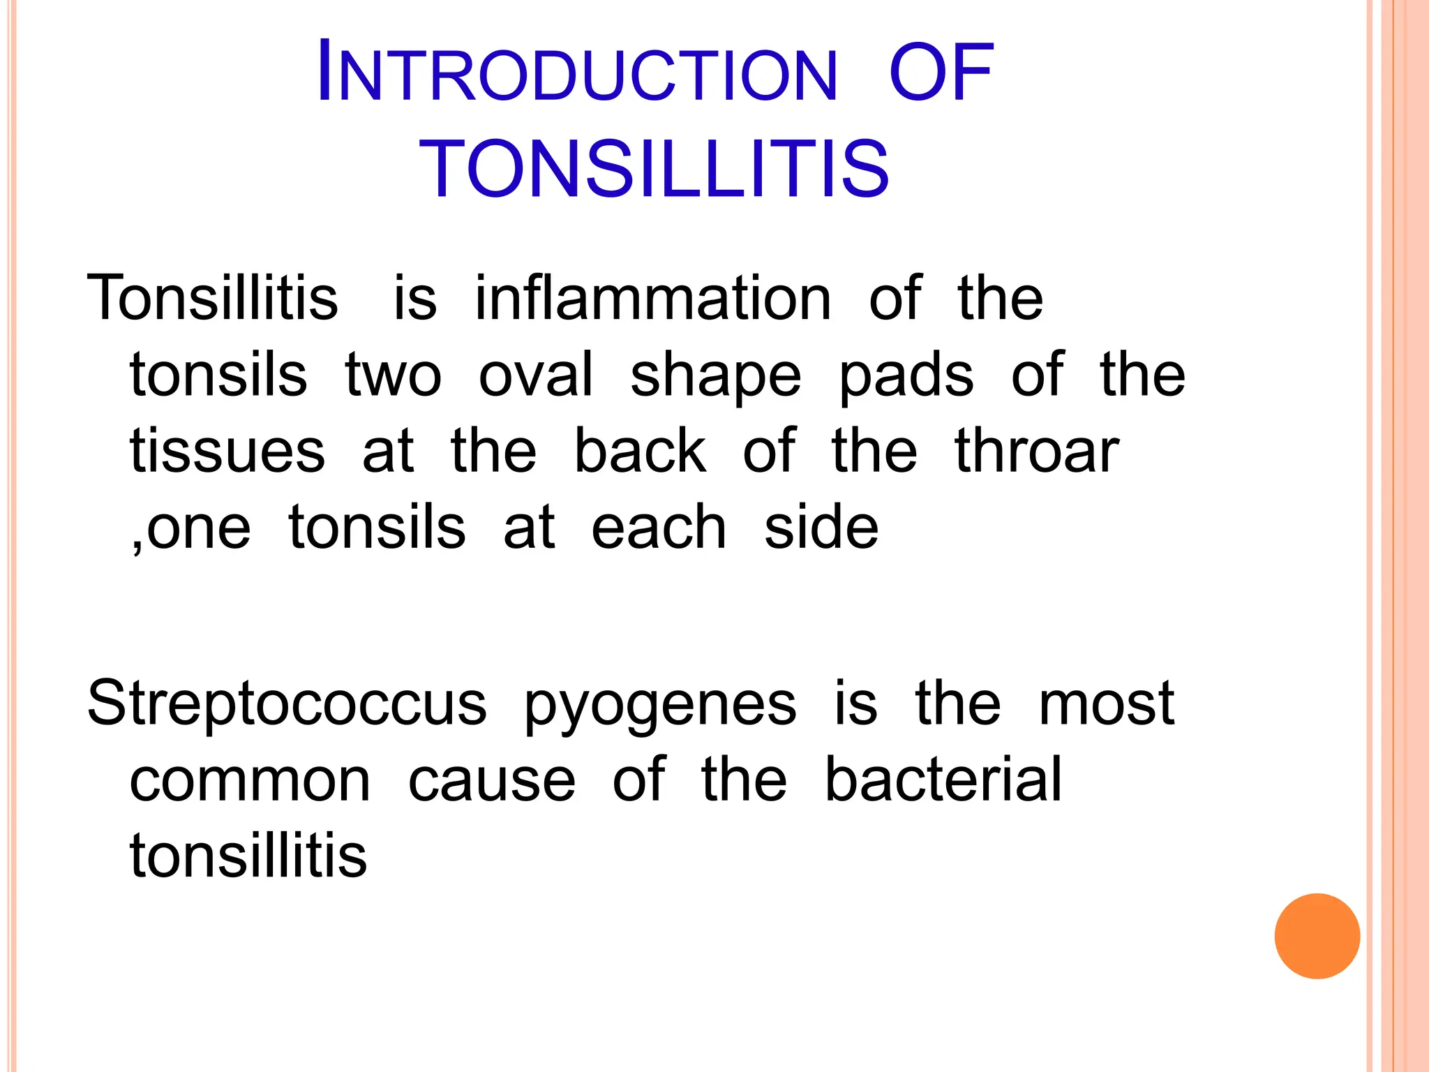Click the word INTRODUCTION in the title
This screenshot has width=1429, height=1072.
576,73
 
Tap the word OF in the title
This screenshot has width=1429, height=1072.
941,73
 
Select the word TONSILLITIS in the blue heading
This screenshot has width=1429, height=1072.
654,168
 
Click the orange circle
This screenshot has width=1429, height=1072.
1317,936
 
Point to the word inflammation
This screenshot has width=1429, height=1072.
653,299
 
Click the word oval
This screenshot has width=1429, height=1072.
536,375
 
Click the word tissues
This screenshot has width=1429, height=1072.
227,452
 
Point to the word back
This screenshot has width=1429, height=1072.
640,452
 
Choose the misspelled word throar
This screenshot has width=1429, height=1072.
1037,452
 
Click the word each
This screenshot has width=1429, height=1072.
659,528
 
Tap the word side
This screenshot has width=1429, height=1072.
821,528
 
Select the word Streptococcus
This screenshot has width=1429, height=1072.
287,703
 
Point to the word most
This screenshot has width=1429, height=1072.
1107,703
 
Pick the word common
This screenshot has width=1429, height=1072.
250,780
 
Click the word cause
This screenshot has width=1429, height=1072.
492,780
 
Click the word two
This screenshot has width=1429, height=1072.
394,375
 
